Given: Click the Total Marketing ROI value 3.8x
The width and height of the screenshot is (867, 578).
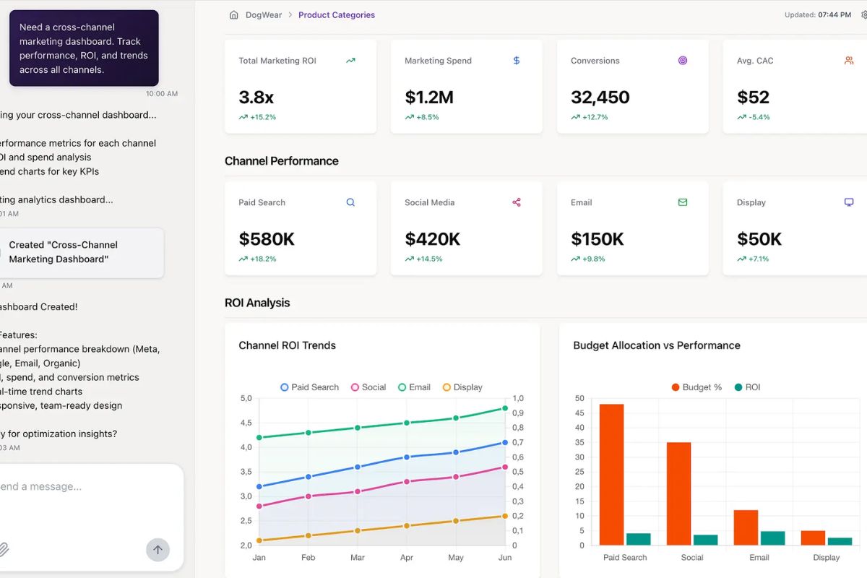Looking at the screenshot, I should [256, 98].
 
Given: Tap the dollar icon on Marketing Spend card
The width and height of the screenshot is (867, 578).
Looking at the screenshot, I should [517, 61].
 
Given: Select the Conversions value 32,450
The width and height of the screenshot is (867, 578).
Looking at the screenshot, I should [600, 98].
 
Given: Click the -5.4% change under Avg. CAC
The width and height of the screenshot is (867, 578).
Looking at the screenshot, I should [759, 117].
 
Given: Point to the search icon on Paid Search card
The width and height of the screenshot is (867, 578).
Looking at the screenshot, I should [350, 202].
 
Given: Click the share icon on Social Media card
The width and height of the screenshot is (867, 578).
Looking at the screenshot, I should [517, 202].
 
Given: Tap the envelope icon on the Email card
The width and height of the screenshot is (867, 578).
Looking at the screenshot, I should [683, 202].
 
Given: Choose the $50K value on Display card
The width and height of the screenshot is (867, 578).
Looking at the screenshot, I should [759, 239].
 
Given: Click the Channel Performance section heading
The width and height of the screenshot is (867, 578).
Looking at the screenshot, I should [282, 161].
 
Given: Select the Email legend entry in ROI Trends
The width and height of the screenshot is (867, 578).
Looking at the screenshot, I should [414, 387].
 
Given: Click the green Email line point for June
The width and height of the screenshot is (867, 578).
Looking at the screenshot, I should [505, 408].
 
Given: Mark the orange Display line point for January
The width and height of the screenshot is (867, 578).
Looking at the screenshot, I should [259, 540].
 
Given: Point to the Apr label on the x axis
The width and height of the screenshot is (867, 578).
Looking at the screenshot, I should [407, 558].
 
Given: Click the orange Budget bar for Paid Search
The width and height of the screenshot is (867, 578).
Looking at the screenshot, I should [611, 474].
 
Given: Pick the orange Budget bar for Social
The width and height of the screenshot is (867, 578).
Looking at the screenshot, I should [678, 493].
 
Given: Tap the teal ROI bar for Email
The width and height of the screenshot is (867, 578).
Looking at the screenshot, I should [772, 538].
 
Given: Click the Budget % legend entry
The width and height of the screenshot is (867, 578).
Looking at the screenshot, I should [696, 387].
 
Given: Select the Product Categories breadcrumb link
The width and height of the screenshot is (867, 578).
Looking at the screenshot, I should [337, 15].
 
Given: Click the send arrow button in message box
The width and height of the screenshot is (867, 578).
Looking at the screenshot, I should [158, 550].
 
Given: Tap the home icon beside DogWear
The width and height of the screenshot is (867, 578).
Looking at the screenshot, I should [233, 15].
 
